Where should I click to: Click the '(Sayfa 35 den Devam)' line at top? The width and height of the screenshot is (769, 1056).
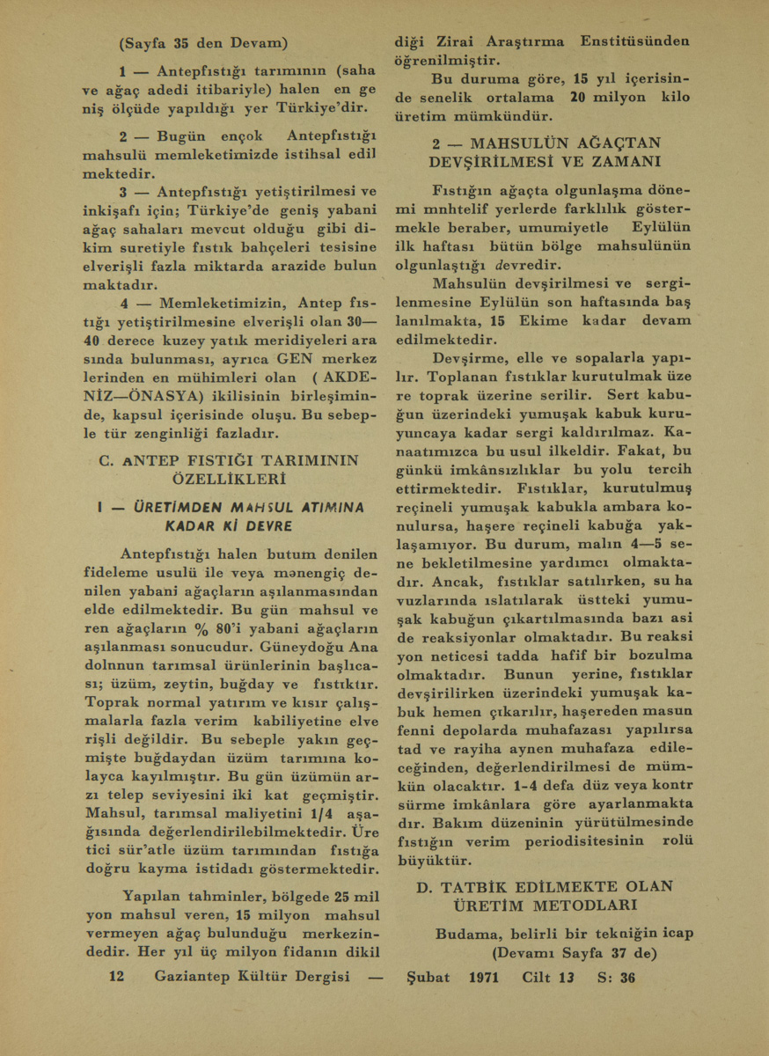[203, 42]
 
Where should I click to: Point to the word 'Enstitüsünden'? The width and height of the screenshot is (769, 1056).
[635, 41]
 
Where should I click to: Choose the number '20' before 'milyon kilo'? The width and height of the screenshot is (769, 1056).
[577, 97]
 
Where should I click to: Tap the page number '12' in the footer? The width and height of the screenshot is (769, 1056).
[118, 977]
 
